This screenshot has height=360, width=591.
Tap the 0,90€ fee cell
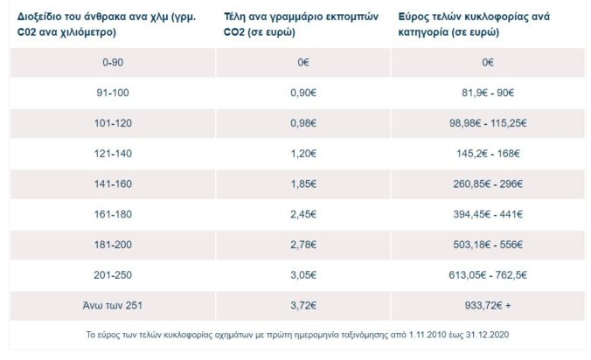click(x=301, y=92)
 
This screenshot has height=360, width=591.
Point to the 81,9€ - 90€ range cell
click(x=488, y=92)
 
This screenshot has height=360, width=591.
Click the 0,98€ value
click(x=301, y=121)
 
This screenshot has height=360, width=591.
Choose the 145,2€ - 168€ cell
click(x=488, y=152)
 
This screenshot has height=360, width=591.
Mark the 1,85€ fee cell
click(x=301, y=183)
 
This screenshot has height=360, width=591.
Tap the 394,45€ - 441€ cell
click(x=488, y=212)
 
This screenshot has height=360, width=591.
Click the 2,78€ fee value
click(x=301, y=243)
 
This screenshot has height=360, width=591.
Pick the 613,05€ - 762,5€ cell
click(x=488, y=273)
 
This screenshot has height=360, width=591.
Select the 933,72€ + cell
click(x=488, y=304)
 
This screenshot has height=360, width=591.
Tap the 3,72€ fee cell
click(x=301, y=304)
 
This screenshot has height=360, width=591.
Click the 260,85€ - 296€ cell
click(x=488, y=183)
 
